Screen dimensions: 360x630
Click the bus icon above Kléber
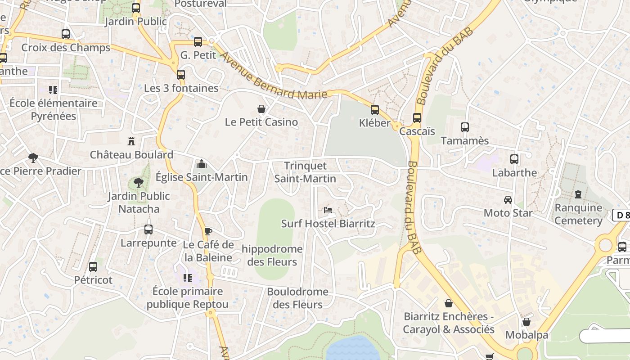(x=374, y=109)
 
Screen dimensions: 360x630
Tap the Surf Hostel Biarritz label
(x=328, y=224)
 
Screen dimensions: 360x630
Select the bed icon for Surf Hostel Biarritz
(x=328, y=210)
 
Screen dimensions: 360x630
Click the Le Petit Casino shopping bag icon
(x=261, y=109)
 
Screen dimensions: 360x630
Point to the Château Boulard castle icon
(x=131, y=141)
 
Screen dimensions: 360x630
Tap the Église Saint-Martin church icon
(x=202, y=164)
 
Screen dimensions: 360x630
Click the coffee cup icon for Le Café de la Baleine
(x=208, y=232)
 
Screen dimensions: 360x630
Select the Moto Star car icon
(x=508, y=199)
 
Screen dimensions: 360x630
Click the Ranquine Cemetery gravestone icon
(x=578, y=194)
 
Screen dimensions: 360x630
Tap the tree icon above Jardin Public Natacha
(x=139, y=183)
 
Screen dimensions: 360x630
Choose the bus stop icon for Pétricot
(x=93, y=267)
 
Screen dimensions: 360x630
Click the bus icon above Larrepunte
(x=148, y=229)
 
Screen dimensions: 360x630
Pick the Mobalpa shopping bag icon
(x=526, y=322)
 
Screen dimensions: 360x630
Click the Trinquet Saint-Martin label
(x=306, y=172)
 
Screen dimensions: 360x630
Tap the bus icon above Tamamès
(x=465, y=127)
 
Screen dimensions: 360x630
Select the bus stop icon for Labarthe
(x=514, y=159)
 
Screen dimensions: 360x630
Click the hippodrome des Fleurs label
(x=272, y=255)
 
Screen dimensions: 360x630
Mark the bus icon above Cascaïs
(x=417, y=118)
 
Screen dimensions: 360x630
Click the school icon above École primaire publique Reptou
(x=188, y=278)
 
